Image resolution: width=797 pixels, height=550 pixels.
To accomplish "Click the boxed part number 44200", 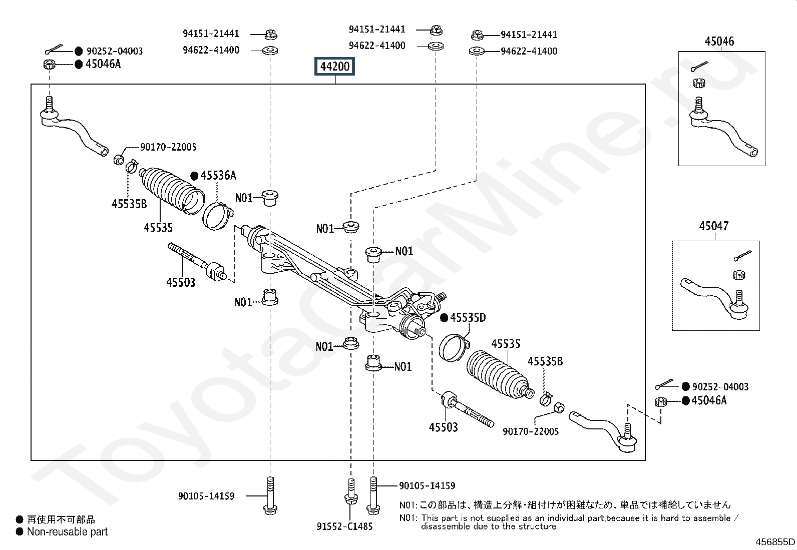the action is coord(334,66).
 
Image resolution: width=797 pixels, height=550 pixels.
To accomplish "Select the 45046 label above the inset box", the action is coord(719,41).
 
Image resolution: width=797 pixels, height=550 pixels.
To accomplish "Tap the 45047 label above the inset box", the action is coord(714,226).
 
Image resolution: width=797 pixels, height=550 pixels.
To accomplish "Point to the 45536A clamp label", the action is coord(218,175).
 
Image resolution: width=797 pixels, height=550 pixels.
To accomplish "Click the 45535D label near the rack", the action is coord(468,317).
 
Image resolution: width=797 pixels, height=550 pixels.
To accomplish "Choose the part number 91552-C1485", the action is coord(344,526).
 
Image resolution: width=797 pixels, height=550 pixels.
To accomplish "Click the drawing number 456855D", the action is coord(775,542).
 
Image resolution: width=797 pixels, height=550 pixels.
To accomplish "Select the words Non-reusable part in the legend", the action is coord(67,532).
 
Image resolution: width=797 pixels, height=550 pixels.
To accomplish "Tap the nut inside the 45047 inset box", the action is coord(739,275).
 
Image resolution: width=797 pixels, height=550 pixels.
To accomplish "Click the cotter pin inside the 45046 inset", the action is coord(699,67).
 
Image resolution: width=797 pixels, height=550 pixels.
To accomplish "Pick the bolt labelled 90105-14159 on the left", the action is coord(270,496).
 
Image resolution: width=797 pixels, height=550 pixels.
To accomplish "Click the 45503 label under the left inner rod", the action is coord(181,282).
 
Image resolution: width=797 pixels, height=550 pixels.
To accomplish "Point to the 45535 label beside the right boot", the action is coord(506,344).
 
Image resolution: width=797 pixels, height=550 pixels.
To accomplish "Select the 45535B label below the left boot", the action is coord(129,204).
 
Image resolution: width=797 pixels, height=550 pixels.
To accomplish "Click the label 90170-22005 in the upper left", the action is coord(168,147).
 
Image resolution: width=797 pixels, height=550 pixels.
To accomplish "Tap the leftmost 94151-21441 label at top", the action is coord(211,34).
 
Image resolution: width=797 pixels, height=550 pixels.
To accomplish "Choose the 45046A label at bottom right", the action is coord(709,400).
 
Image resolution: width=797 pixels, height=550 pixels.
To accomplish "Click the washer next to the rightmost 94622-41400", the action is coord(477,51).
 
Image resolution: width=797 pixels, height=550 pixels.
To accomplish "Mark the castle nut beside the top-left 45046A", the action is coord(49,65).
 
